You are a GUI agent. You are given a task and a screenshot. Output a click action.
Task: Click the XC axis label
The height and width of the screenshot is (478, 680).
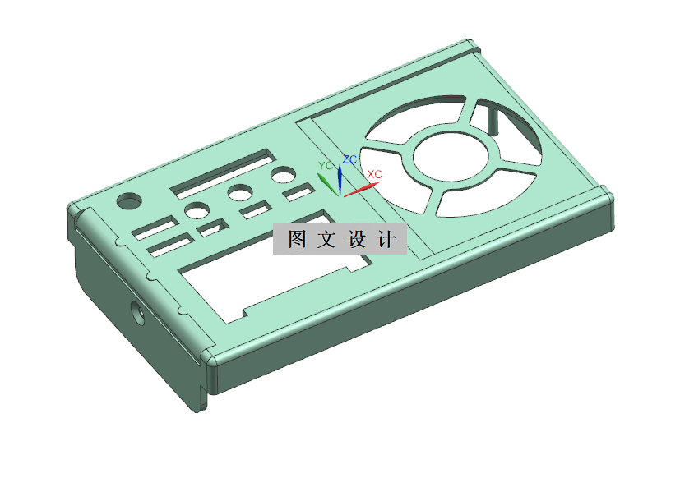pos(374,174)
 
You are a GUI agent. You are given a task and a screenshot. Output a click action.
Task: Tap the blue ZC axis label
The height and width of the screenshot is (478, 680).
pos(349,159)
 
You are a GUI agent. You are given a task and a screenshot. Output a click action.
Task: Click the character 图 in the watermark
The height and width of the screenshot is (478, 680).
pos(297,240)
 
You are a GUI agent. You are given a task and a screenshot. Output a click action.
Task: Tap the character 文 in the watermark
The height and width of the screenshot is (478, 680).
pos(326,240)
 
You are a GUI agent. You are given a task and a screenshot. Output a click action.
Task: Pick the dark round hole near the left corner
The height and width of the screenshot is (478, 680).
pos(129,200)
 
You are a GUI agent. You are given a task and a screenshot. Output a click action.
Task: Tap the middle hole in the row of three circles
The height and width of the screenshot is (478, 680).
pos(240,194)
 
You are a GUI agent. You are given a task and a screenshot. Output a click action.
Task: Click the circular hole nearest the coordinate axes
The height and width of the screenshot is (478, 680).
pos(284,175)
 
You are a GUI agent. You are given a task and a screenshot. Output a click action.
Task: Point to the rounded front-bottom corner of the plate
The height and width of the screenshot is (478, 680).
pos(210,359)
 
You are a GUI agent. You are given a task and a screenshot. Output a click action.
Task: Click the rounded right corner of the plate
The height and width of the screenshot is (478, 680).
pos(607,196)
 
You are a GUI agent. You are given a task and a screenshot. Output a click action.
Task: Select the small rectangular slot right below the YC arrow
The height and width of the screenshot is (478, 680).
pos(298,194)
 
